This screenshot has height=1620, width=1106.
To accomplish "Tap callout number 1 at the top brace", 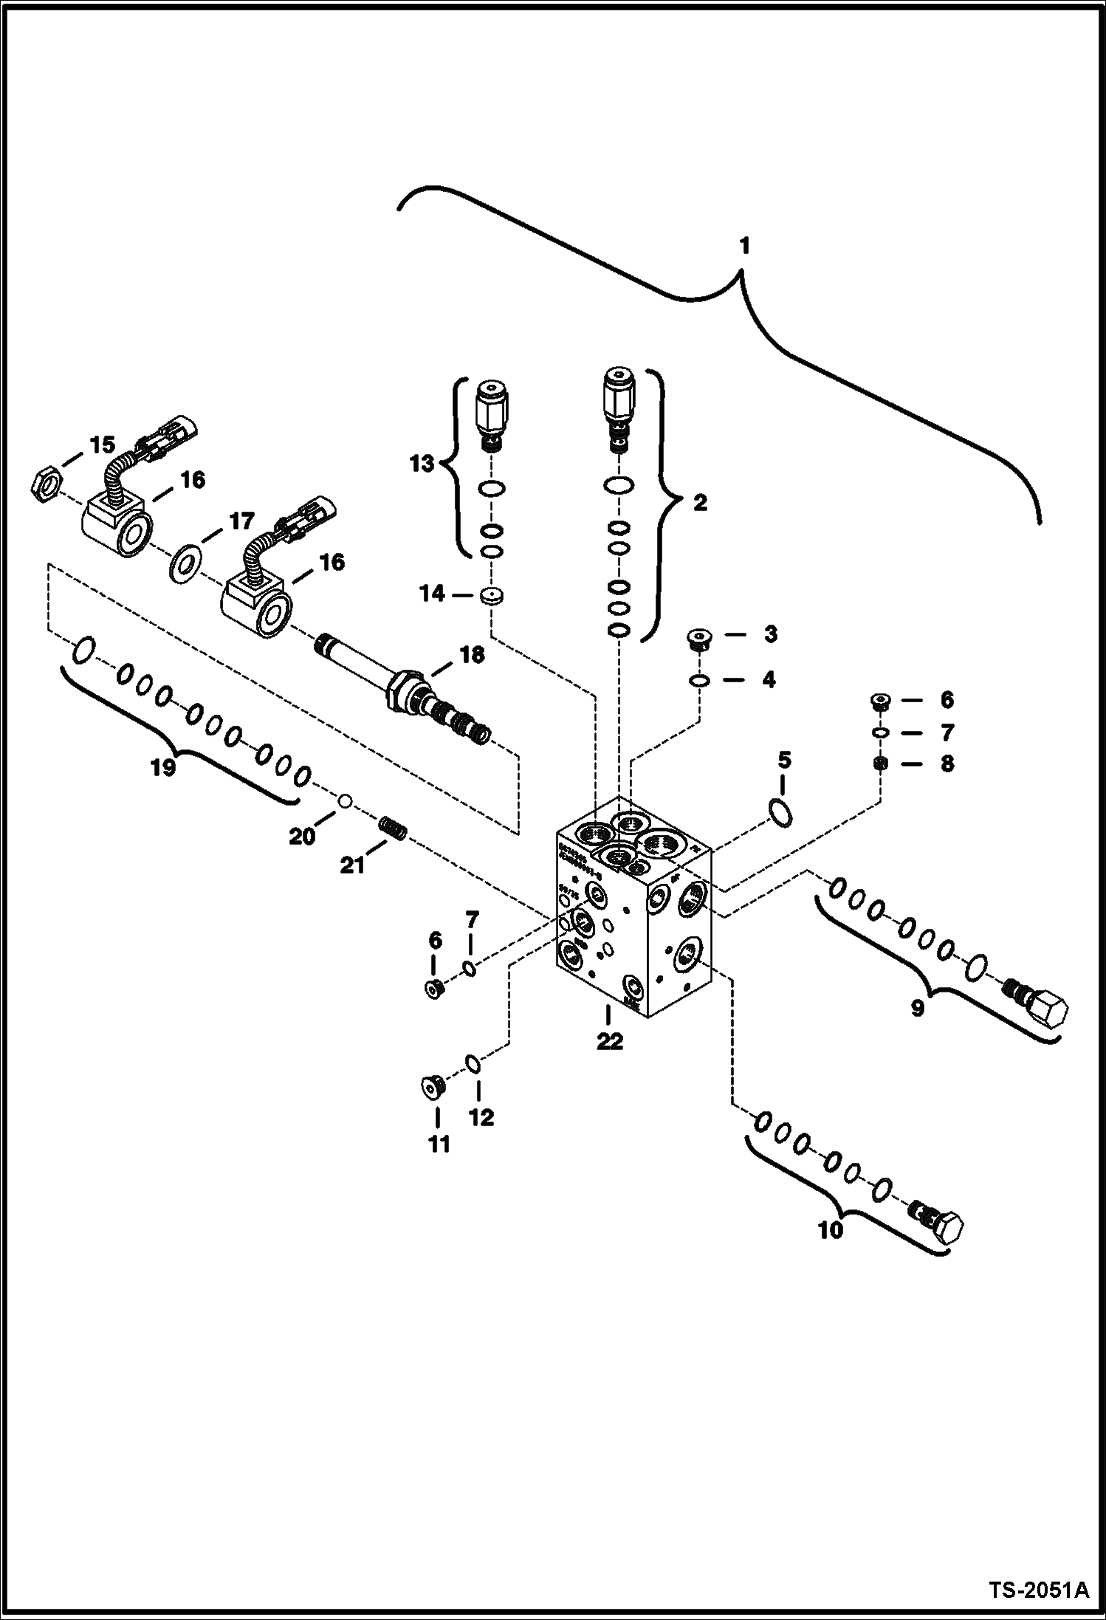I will click(x=744, y=246).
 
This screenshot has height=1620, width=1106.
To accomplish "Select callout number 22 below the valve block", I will click(x=611, y=1042).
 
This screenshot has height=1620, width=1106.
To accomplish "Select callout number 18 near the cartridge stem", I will click(x=472, y=654).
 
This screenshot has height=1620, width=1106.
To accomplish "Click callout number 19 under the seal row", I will click(x=164, y=768).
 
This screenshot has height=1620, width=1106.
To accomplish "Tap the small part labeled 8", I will click(x=880, y=763).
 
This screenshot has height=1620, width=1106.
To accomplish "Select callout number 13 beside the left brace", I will click(x=422, y=465).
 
